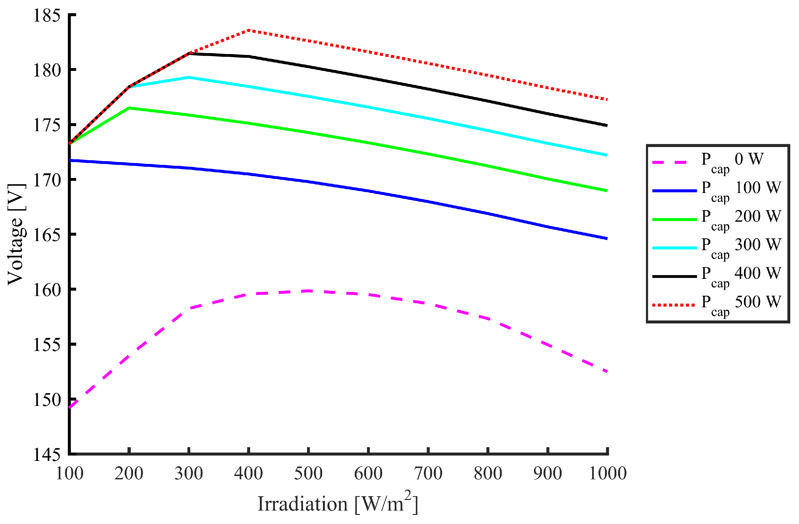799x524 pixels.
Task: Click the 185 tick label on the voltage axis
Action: click(x=47, y=15)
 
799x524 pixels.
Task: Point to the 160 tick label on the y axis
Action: click(x=47, y=290)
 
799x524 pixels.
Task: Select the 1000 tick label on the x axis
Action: click(x=608, y=474)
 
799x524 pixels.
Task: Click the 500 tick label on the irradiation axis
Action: click(x=308, y=474)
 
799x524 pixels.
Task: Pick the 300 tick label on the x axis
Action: click(x=189, y=474)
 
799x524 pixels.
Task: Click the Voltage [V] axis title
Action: click(x=16, y=234)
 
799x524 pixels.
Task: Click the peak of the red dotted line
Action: click(x=249, y=30)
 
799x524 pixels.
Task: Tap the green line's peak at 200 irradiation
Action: click(x=129, y=108)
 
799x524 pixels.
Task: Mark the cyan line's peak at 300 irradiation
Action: click(x=189, y=77)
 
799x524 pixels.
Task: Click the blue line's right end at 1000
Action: click(x=607, y=239)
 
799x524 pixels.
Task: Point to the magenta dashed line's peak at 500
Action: click(x=308, y=291)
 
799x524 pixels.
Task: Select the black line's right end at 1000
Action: click(x=607, y=126)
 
